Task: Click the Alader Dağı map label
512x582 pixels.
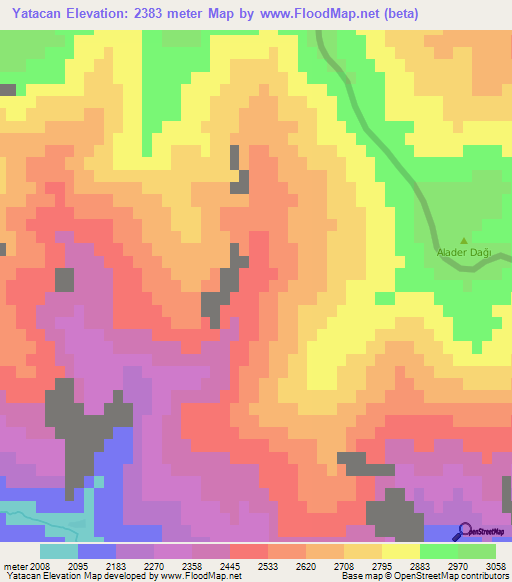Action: pyautogui.click(x=463, y=252)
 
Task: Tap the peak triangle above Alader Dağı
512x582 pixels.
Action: pyautogui.click(x=463, y=240)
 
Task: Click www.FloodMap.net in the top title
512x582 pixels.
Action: pyautogui.click(x=313, y=13)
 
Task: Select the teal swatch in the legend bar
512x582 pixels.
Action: pyautogui.click(x=59, y=551)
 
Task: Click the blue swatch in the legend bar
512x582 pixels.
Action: pyautogui.click(x=97, y=551)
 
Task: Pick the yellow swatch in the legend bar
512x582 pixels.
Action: pyautogui.click(x=401, y=551)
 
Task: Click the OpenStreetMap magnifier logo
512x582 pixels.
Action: pyautogui.click(x=464, y=531)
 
